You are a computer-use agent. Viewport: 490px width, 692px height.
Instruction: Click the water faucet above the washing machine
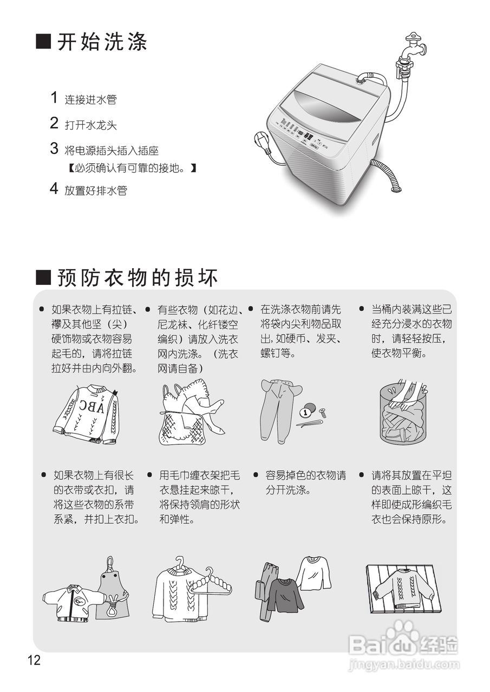(x=413, y=49)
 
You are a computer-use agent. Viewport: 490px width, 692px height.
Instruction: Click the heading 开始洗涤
(x=92, y=42)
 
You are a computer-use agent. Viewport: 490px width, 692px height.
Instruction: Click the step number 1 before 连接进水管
(x=54, y=98)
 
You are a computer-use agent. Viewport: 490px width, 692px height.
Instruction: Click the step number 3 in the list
(x=54, y=149)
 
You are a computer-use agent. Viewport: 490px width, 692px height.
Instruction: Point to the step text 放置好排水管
(x=96, y=190)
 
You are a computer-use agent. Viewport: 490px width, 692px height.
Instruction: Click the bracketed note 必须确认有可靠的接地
(x=132, y=169)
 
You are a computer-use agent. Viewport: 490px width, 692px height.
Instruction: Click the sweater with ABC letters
(x=87, y=414)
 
